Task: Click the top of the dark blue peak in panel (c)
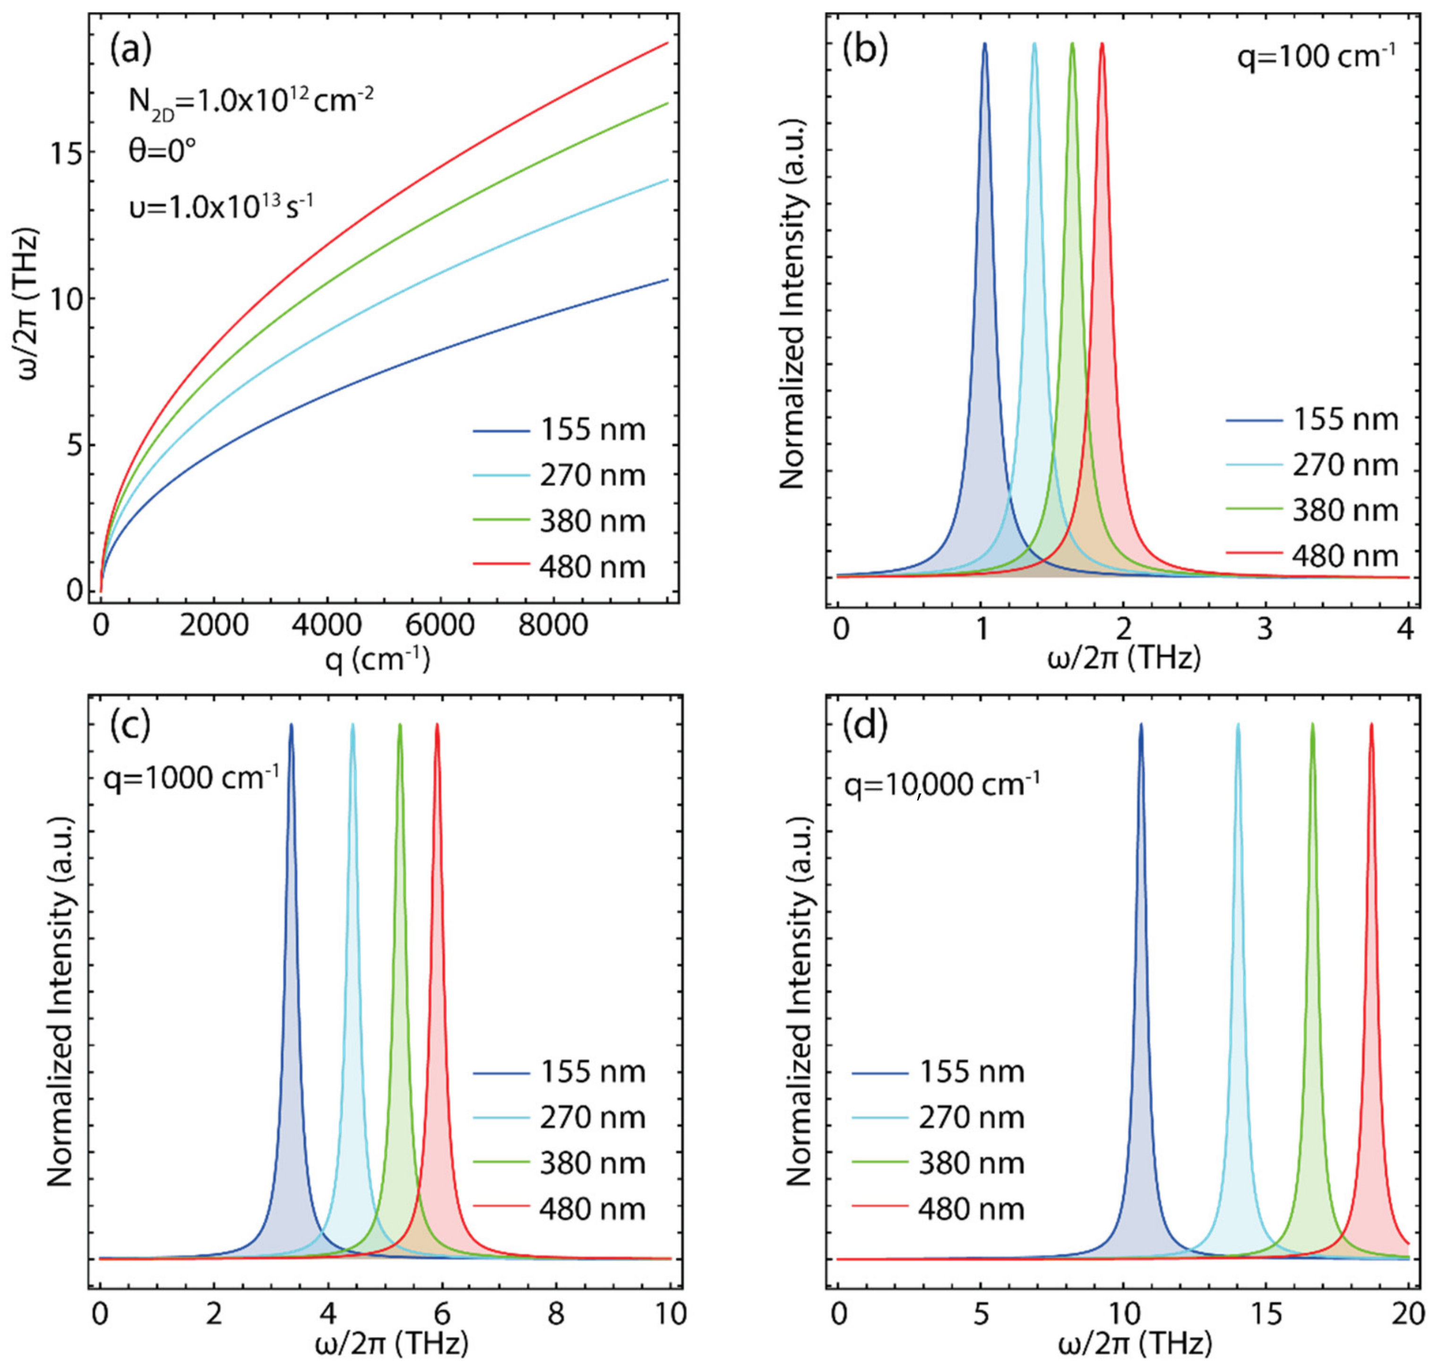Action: click(x=291, y=725)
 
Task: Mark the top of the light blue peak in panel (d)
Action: click(x=1238, y=725)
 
